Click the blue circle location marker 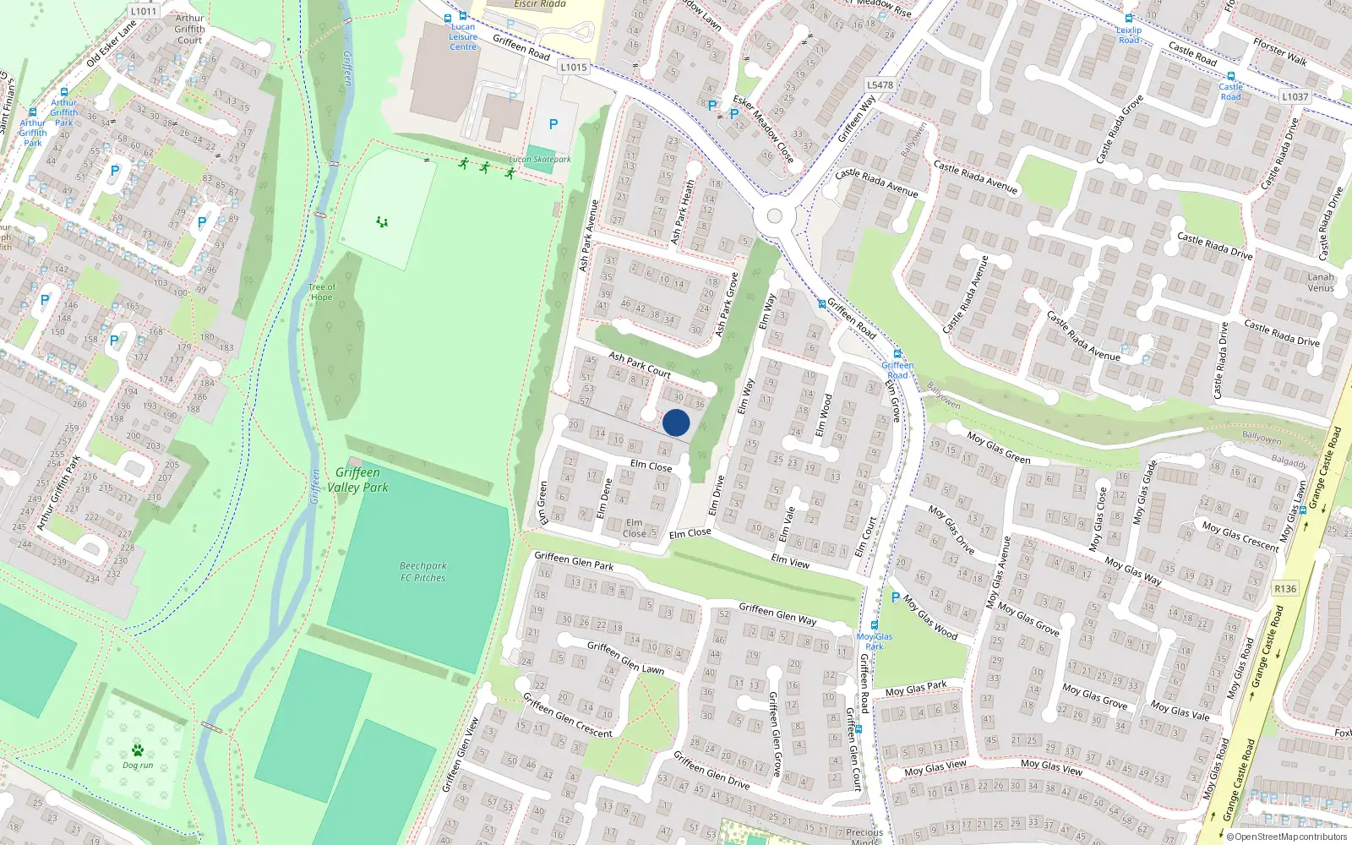(676, 422)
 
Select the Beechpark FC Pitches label (422, 572)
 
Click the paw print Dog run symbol (138, 750)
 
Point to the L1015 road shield (573, 67)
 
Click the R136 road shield (1284, 588)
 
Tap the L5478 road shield (880, 84)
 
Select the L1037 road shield (1295, 96)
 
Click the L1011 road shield (144, 11)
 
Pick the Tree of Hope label (321, 292)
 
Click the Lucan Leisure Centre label (463, 36)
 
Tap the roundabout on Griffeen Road (774, 215)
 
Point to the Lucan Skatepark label (540, 159)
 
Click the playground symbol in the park (382, 222)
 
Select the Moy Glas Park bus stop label (874, 641)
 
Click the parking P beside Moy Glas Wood (896, 597)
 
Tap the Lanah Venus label (1321, 282)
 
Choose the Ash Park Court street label (640, 364)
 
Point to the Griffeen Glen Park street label (574, 560)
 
